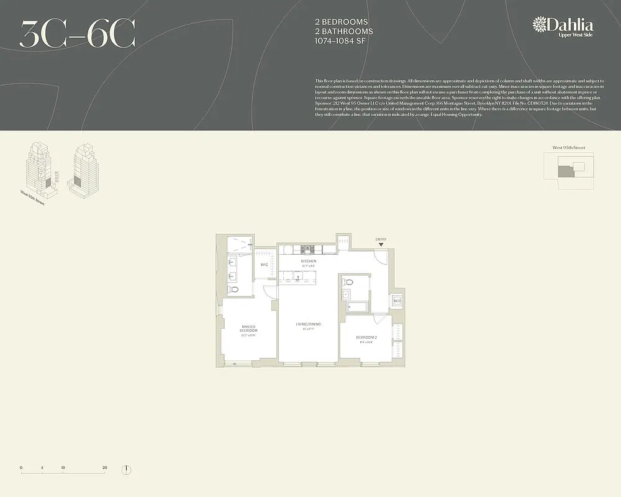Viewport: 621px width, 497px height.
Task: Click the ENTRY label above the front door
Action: (381, 239)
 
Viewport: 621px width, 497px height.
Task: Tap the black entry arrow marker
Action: (381, 245)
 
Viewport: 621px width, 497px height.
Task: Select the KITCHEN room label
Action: (309, 262)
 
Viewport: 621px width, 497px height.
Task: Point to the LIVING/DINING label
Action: (309, 324)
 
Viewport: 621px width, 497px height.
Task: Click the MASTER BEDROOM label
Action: (249, 329)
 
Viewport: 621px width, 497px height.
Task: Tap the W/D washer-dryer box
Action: (397, 302)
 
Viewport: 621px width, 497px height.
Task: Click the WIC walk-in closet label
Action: (264, 265)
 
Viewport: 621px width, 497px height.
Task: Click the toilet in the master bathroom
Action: (234, 290)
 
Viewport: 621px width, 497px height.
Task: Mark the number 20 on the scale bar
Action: (104, 467)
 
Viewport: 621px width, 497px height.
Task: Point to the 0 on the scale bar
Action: (21, 467)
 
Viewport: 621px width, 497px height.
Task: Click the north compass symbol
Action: (126, 470)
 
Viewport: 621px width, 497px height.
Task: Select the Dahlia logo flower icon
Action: (539, 25)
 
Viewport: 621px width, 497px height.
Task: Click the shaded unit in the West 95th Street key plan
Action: (563, 171)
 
